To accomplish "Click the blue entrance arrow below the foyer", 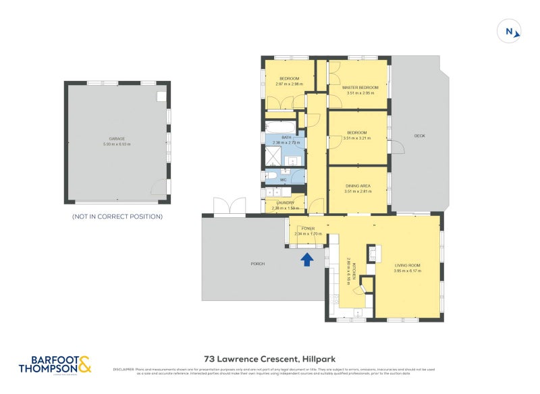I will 307,259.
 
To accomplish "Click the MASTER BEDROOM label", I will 360,88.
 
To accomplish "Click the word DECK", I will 419,136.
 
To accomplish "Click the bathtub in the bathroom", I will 279,127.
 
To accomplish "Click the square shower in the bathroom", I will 272,158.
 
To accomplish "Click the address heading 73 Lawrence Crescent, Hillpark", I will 269,360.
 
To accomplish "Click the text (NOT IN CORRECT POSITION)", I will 117,217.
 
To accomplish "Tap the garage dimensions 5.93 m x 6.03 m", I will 117,144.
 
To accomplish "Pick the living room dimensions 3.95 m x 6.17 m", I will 407,271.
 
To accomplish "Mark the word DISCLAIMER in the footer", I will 124,369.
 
